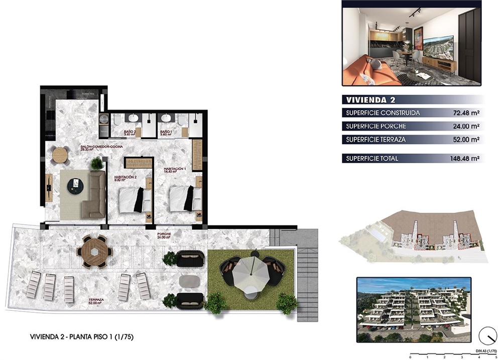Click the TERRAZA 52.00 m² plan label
pos(96,301)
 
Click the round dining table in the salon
pos(61,155)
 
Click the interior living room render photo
pos(411,43)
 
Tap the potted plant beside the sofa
pos(96,163)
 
